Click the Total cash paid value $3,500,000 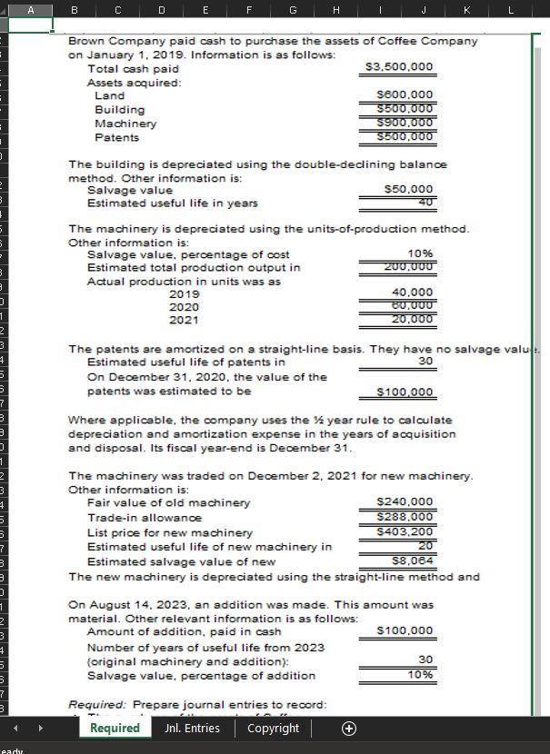click(398, 67)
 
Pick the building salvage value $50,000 click(410, 189)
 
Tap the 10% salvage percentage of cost click(421, 253)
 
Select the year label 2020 click(184, 307)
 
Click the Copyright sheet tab click(273, 728)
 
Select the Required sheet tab click(114, 728)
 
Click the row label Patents click(116, 137)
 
